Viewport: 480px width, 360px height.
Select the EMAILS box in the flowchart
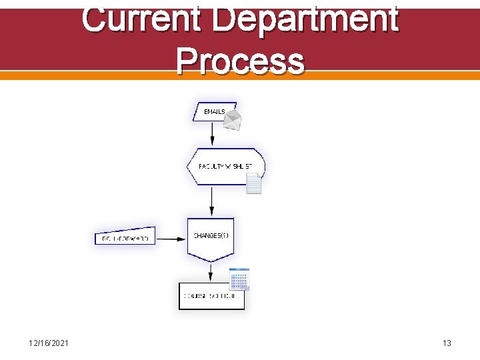pyautogui.click(x=212, y=112)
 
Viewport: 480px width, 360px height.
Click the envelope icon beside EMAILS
pyautogui.click(x=231, y=120)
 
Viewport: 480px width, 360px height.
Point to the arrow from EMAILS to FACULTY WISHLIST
pyautogui.click(x=212, y=134)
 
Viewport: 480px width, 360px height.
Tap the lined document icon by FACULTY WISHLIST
pyautogui.click(x=253, y=183)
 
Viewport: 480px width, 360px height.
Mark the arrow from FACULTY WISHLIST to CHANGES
pyautogui.click(x=211, y=201)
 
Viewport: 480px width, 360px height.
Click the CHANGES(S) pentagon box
pyautogui.click(x=211, y=237)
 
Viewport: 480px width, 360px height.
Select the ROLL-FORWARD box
pyautogui.click(x=125, y=237)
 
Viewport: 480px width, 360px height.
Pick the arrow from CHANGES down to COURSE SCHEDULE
pyautogui.click(x=211, y=271)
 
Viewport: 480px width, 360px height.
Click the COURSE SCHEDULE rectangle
pyautogui.click(x=211, y=296)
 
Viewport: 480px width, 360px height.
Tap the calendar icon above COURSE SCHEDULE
pyautogui.click(x=239, y=279)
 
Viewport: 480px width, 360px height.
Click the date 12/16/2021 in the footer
pyautogui.click(x=49, y=343)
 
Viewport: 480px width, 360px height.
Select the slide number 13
pyautogui.click(x=447, y=343)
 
